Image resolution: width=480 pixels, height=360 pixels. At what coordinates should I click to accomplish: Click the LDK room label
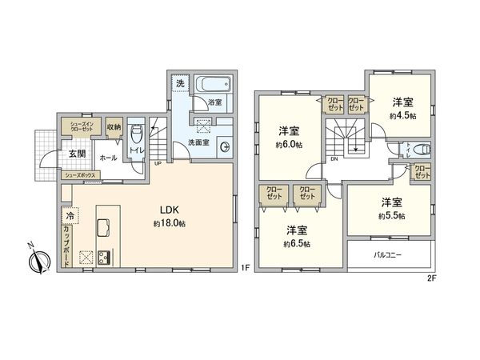(x=168, y=211)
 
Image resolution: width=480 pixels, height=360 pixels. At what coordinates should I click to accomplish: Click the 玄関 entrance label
(x=77, y=154)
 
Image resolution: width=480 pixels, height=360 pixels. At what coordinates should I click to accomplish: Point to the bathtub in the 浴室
(x=214, y=85)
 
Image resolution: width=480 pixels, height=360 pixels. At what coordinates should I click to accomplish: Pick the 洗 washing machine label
(x=180, y=83)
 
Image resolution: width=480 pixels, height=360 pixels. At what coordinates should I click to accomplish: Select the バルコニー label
(x=390, y=256)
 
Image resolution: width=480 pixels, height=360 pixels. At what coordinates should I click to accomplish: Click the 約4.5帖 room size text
(x=402, y=115)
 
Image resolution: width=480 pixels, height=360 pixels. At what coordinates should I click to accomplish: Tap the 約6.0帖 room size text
(x=289, y=144)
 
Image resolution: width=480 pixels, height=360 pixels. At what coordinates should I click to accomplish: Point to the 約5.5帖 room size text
(x=392, y=215)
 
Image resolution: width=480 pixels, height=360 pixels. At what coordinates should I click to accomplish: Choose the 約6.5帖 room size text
(x=298, y=242)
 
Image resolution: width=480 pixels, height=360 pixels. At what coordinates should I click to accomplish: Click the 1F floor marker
(x=246, y=270)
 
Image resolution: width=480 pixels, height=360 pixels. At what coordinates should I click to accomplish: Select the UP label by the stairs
(x=158, y=163)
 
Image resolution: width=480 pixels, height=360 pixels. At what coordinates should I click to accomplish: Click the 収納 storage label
(x=113, y=127)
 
